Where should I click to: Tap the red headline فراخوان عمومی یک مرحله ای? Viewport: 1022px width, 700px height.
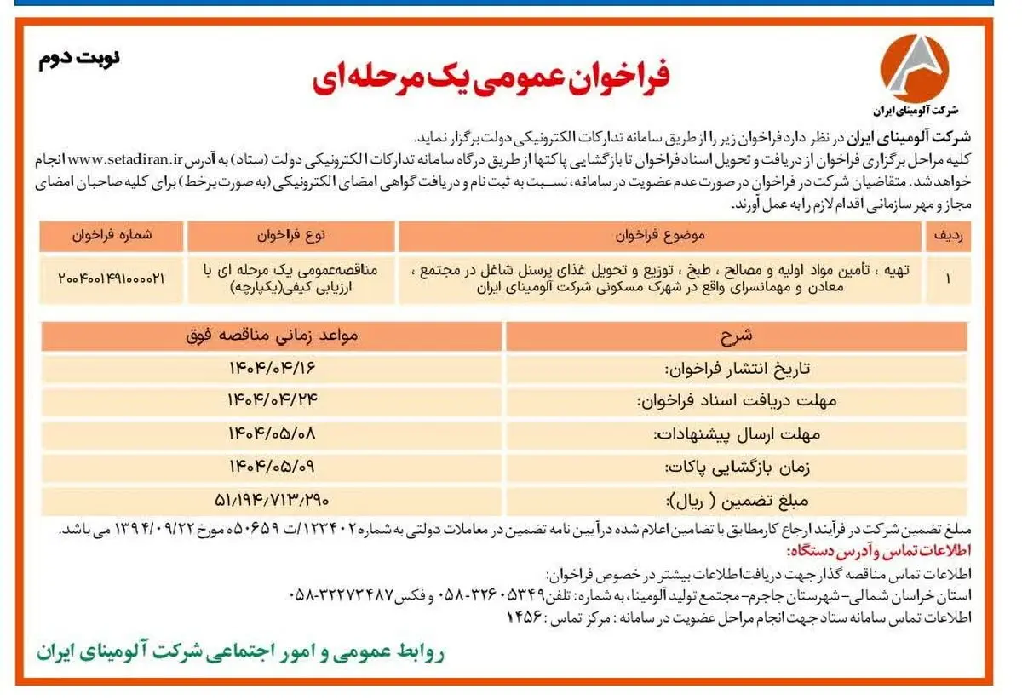coord(491,77)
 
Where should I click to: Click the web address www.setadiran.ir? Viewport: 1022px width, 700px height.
coord(125,158)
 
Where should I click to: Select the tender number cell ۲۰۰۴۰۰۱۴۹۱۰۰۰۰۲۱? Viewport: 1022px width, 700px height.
coord(112,278)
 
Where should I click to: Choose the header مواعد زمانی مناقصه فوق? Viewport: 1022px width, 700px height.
coord(272,336)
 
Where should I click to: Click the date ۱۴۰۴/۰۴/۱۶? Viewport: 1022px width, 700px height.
coord(272,368)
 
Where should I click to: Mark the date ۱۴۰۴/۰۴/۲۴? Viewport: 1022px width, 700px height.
coord(272,400)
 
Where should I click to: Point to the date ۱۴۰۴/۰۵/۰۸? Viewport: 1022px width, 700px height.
coord(272,433)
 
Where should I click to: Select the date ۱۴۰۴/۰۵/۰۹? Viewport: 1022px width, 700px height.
coord(272,466)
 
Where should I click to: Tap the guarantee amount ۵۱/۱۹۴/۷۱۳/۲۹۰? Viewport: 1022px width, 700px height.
coord(272,498)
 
